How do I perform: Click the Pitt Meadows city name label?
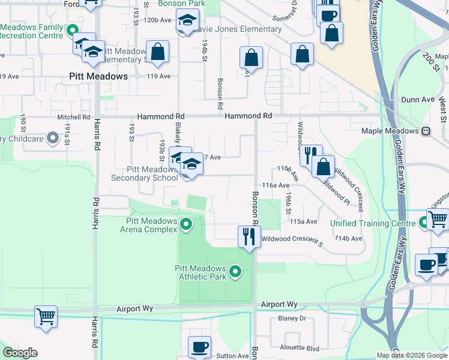pos(98,77)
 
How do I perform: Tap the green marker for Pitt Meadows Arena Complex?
pos(186,225)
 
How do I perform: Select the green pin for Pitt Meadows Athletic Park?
pos(235,273)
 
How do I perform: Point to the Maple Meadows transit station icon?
pos(426,131)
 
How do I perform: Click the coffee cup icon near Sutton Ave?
pos(199,347)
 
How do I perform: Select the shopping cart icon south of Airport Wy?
pos(46,316)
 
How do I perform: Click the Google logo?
pos(20,353)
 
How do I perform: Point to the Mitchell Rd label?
pos(73,117)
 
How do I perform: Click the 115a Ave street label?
pos(303,221)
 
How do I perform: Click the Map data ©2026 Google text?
pos(411,355)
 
